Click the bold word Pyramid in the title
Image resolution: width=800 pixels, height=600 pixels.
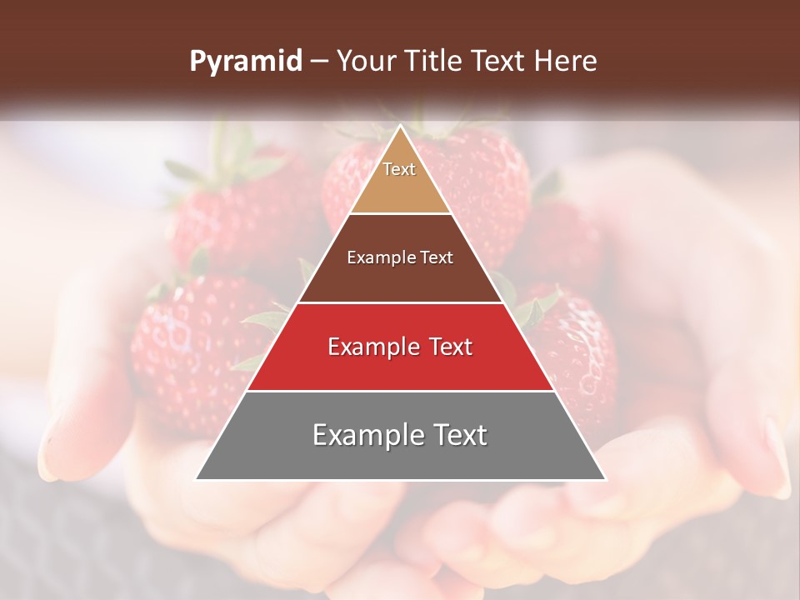[246, 62]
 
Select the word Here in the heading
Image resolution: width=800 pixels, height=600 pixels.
[566, 62]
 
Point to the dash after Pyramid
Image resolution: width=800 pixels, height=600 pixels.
[317, 62]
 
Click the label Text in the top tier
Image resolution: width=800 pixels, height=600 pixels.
[399, 169]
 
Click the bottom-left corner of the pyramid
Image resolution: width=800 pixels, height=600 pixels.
[197, 478]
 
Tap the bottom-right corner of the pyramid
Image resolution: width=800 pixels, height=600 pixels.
[604, 478]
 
